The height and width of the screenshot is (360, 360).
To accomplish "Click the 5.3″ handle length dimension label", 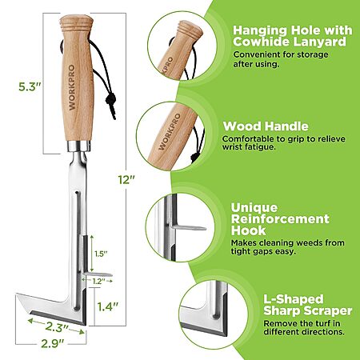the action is [30, 87].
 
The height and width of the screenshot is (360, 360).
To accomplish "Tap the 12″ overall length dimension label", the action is [126, 179].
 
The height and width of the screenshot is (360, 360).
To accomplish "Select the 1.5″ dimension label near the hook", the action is [101, 254].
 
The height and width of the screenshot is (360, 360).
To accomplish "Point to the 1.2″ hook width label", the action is [98, 282].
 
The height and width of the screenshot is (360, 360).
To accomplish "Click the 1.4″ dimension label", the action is [107, 306].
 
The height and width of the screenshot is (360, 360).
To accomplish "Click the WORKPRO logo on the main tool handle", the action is [72, 87].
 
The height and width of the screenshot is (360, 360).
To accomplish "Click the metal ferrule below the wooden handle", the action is [79, 146].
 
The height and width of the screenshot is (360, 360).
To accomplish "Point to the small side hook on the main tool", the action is [98, 274].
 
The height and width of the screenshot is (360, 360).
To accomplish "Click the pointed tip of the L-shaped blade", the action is [17, 294].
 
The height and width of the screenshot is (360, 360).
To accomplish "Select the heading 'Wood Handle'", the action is [266, 126].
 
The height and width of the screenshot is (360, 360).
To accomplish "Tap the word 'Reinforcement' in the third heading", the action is [280, 219].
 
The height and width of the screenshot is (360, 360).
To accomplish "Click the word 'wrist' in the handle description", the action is [232, 147].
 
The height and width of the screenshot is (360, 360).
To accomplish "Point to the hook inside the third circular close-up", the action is [189, 228].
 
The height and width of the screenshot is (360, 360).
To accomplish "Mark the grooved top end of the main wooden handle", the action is [77, 22].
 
